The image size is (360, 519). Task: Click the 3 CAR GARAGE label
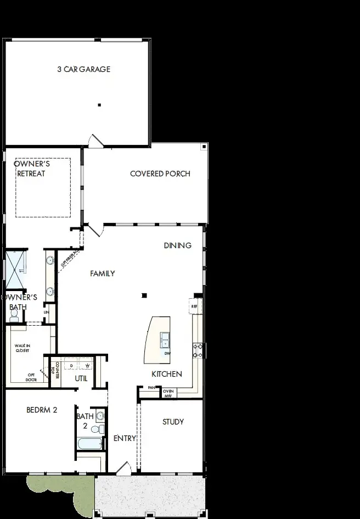83,69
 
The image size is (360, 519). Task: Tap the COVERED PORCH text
160,174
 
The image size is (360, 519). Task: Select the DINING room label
177,245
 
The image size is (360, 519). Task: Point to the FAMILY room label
102,273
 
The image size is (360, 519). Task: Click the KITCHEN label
167,374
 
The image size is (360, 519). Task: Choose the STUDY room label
173,422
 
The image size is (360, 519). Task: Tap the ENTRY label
125,438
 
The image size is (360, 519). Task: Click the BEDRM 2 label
42,410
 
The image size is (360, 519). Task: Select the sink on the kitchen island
165,340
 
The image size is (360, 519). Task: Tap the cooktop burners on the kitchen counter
198,350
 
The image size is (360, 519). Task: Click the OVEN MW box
168,392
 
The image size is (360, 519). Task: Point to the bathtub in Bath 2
90,444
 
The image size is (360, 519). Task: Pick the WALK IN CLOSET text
22,348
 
